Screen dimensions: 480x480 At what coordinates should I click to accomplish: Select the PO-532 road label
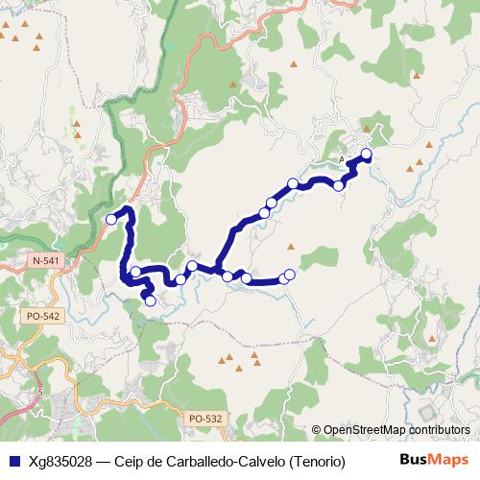(205, 418)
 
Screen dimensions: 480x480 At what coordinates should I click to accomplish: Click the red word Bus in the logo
(414, 460)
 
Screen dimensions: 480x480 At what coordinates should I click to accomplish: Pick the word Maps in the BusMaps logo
(448, 460)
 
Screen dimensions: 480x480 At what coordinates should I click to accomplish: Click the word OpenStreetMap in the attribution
(368, 430)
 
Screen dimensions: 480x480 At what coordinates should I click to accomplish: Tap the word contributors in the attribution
(441, 430)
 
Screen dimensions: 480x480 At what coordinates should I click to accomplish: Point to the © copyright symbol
(317, 430)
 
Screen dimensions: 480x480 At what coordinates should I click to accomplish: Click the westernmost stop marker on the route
(111, 220)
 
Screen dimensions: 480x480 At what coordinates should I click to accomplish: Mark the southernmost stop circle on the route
(150, 300)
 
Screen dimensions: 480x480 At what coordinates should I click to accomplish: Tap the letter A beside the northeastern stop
(343, 159)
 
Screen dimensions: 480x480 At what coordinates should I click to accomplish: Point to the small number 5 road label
(39, 392)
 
